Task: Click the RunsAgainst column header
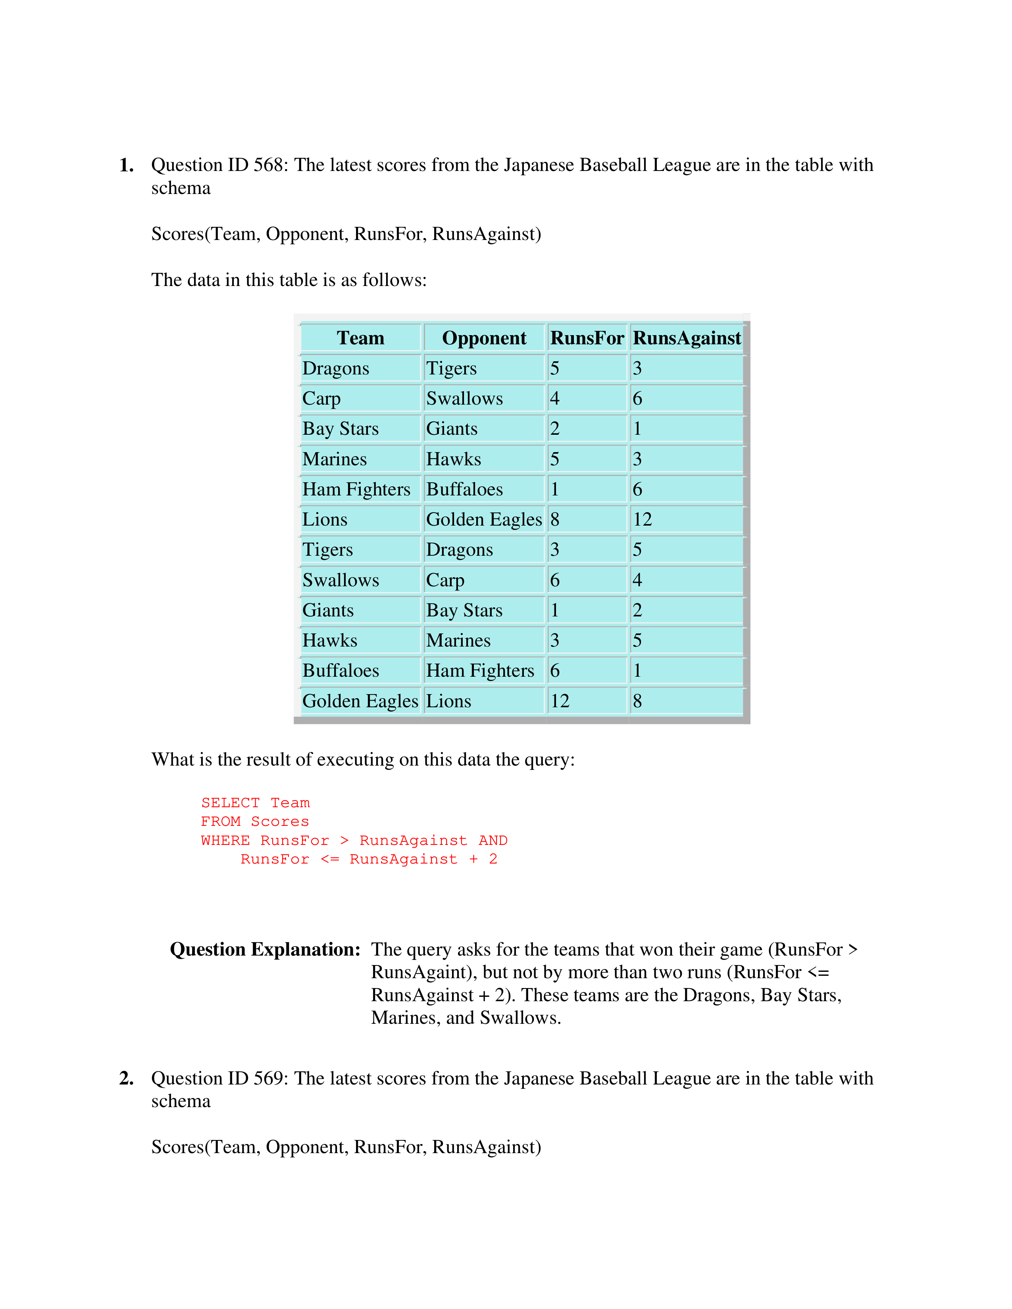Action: [x=687, y=338]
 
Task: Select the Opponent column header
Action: [x=484, y=338]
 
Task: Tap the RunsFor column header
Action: [x=587, y=338]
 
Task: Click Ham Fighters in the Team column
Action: [x=356, y=489]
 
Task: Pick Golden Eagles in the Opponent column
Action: [x=483, y=519]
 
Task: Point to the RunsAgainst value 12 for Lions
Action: [x=642, y=519]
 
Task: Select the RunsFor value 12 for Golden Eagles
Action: [x=560, y=701]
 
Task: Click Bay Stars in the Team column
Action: [x=340, y=428]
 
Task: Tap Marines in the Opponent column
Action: [x=458, y=640]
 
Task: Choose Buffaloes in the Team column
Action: [x=341, y=670]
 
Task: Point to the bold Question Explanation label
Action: [x=265, y=949]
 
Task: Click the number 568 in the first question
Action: [x=268, y=165]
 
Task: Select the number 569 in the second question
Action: [x=268, y=1078]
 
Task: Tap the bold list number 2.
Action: [x=126, y=1078]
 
